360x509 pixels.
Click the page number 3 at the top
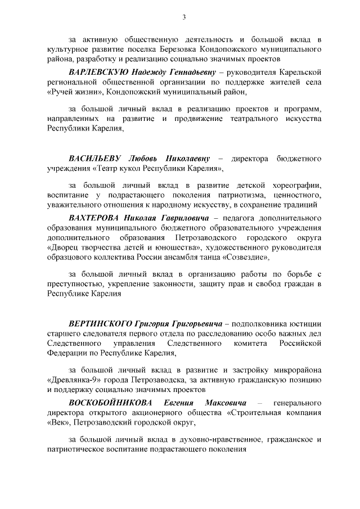[x=184, y=17]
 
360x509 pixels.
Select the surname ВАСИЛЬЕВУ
[x=91, y=158]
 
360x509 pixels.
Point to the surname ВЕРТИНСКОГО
[x=101, y=325]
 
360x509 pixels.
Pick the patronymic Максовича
[x=224, y=403]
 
